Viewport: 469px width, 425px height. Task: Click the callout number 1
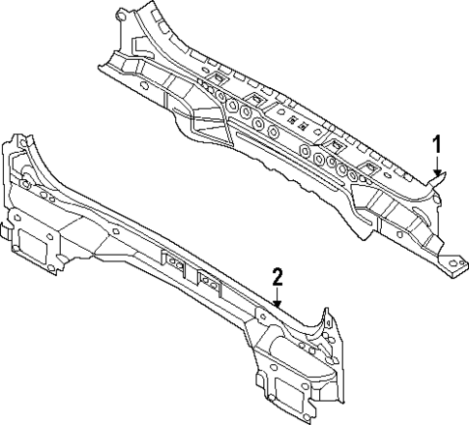coord(436,145)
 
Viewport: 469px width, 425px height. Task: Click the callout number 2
coord(278,277)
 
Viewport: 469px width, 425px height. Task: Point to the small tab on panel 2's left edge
coord(4,232)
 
